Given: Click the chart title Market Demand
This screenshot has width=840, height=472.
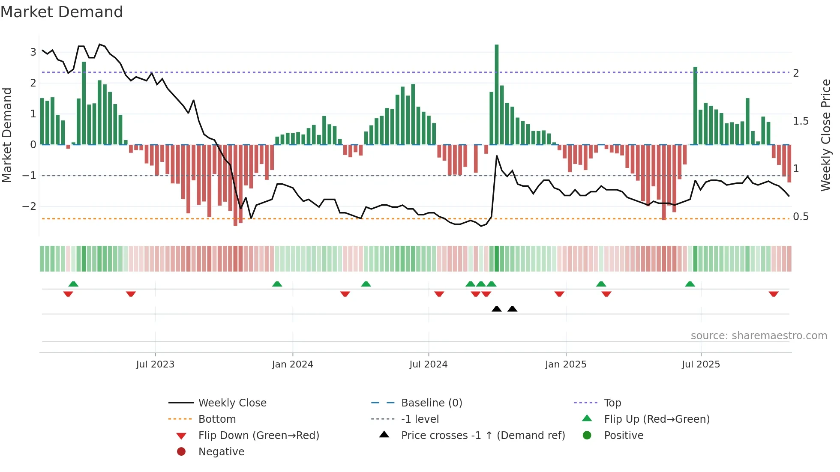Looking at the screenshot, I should (62, 12).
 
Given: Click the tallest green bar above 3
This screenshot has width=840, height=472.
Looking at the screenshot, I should (496, 94).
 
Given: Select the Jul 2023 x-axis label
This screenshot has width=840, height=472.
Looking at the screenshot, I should (155, 364).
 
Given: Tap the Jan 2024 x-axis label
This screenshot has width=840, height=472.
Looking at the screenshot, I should (293, 364).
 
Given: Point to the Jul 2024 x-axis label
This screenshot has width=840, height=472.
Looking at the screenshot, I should (428, 364).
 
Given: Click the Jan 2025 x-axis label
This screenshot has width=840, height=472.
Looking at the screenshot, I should (566, 364).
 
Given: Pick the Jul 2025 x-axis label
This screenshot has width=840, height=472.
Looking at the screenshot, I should (701, 364).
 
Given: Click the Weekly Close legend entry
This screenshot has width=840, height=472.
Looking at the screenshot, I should (232, 403).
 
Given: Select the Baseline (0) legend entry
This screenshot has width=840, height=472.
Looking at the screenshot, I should (431, 403).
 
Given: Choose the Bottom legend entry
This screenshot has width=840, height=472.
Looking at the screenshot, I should (217, 419).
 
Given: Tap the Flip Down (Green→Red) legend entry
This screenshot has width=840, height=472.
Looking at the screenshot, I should (258, 436).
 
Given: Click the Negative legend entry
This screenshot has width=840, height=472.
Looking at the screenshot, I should (221, 452).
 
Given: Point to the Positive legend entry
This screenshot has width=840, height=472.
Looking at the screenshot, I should (623, 436).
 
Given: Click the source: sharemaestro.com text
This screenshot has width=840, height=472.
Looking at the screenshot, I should (759, 336).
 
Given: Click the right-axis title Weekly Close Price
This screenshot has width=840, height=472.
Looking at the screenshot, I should (826, 135).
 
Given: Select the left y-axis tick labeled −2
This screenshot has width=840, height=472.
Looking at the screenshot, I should (29, 206).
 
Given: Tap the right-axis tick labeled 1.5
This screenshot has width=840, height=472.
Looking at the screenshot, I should (801, 121).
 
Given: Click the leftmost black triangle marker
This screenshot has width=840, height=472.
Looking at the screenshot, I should (496, 309).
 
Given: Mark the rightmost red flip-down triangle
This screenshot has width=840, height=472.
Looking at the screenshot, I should (774, 294).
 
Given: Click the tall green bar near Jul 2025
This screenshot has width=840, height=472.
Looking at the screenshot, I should (695, 106).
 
